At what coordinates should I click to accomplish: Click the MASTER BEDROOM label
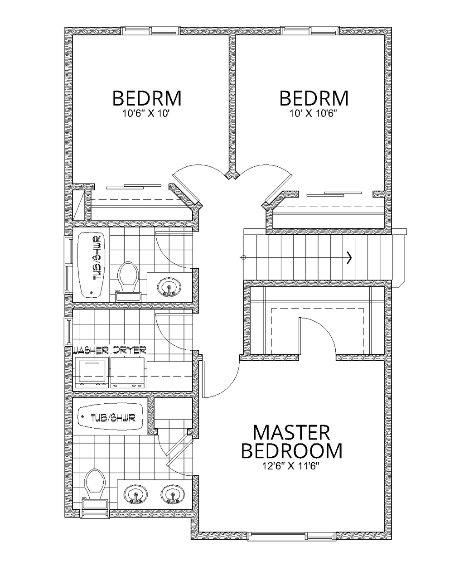point(291,442)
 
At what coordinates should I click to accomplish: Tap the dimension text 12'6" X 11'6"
point(291,467)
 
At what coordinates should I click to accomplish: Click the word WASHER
point(91,350)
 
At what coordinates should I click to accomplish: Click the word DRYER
point(130,350)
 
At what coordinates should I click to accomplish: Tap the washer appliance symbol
point(92,373)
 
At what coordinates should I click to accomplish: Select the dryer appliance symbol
point(128,373)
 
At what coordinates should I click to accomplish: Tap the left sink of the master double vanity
point(136,495)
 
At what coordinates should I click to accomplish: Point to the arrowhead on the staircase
point(349,258)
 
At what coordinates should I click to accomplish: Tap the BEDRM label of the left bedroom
point(146,98)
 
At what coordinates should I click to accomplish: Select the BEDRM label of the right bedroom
point(314,98)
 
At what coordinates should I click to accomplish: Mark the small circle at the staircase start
point(243,258)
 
